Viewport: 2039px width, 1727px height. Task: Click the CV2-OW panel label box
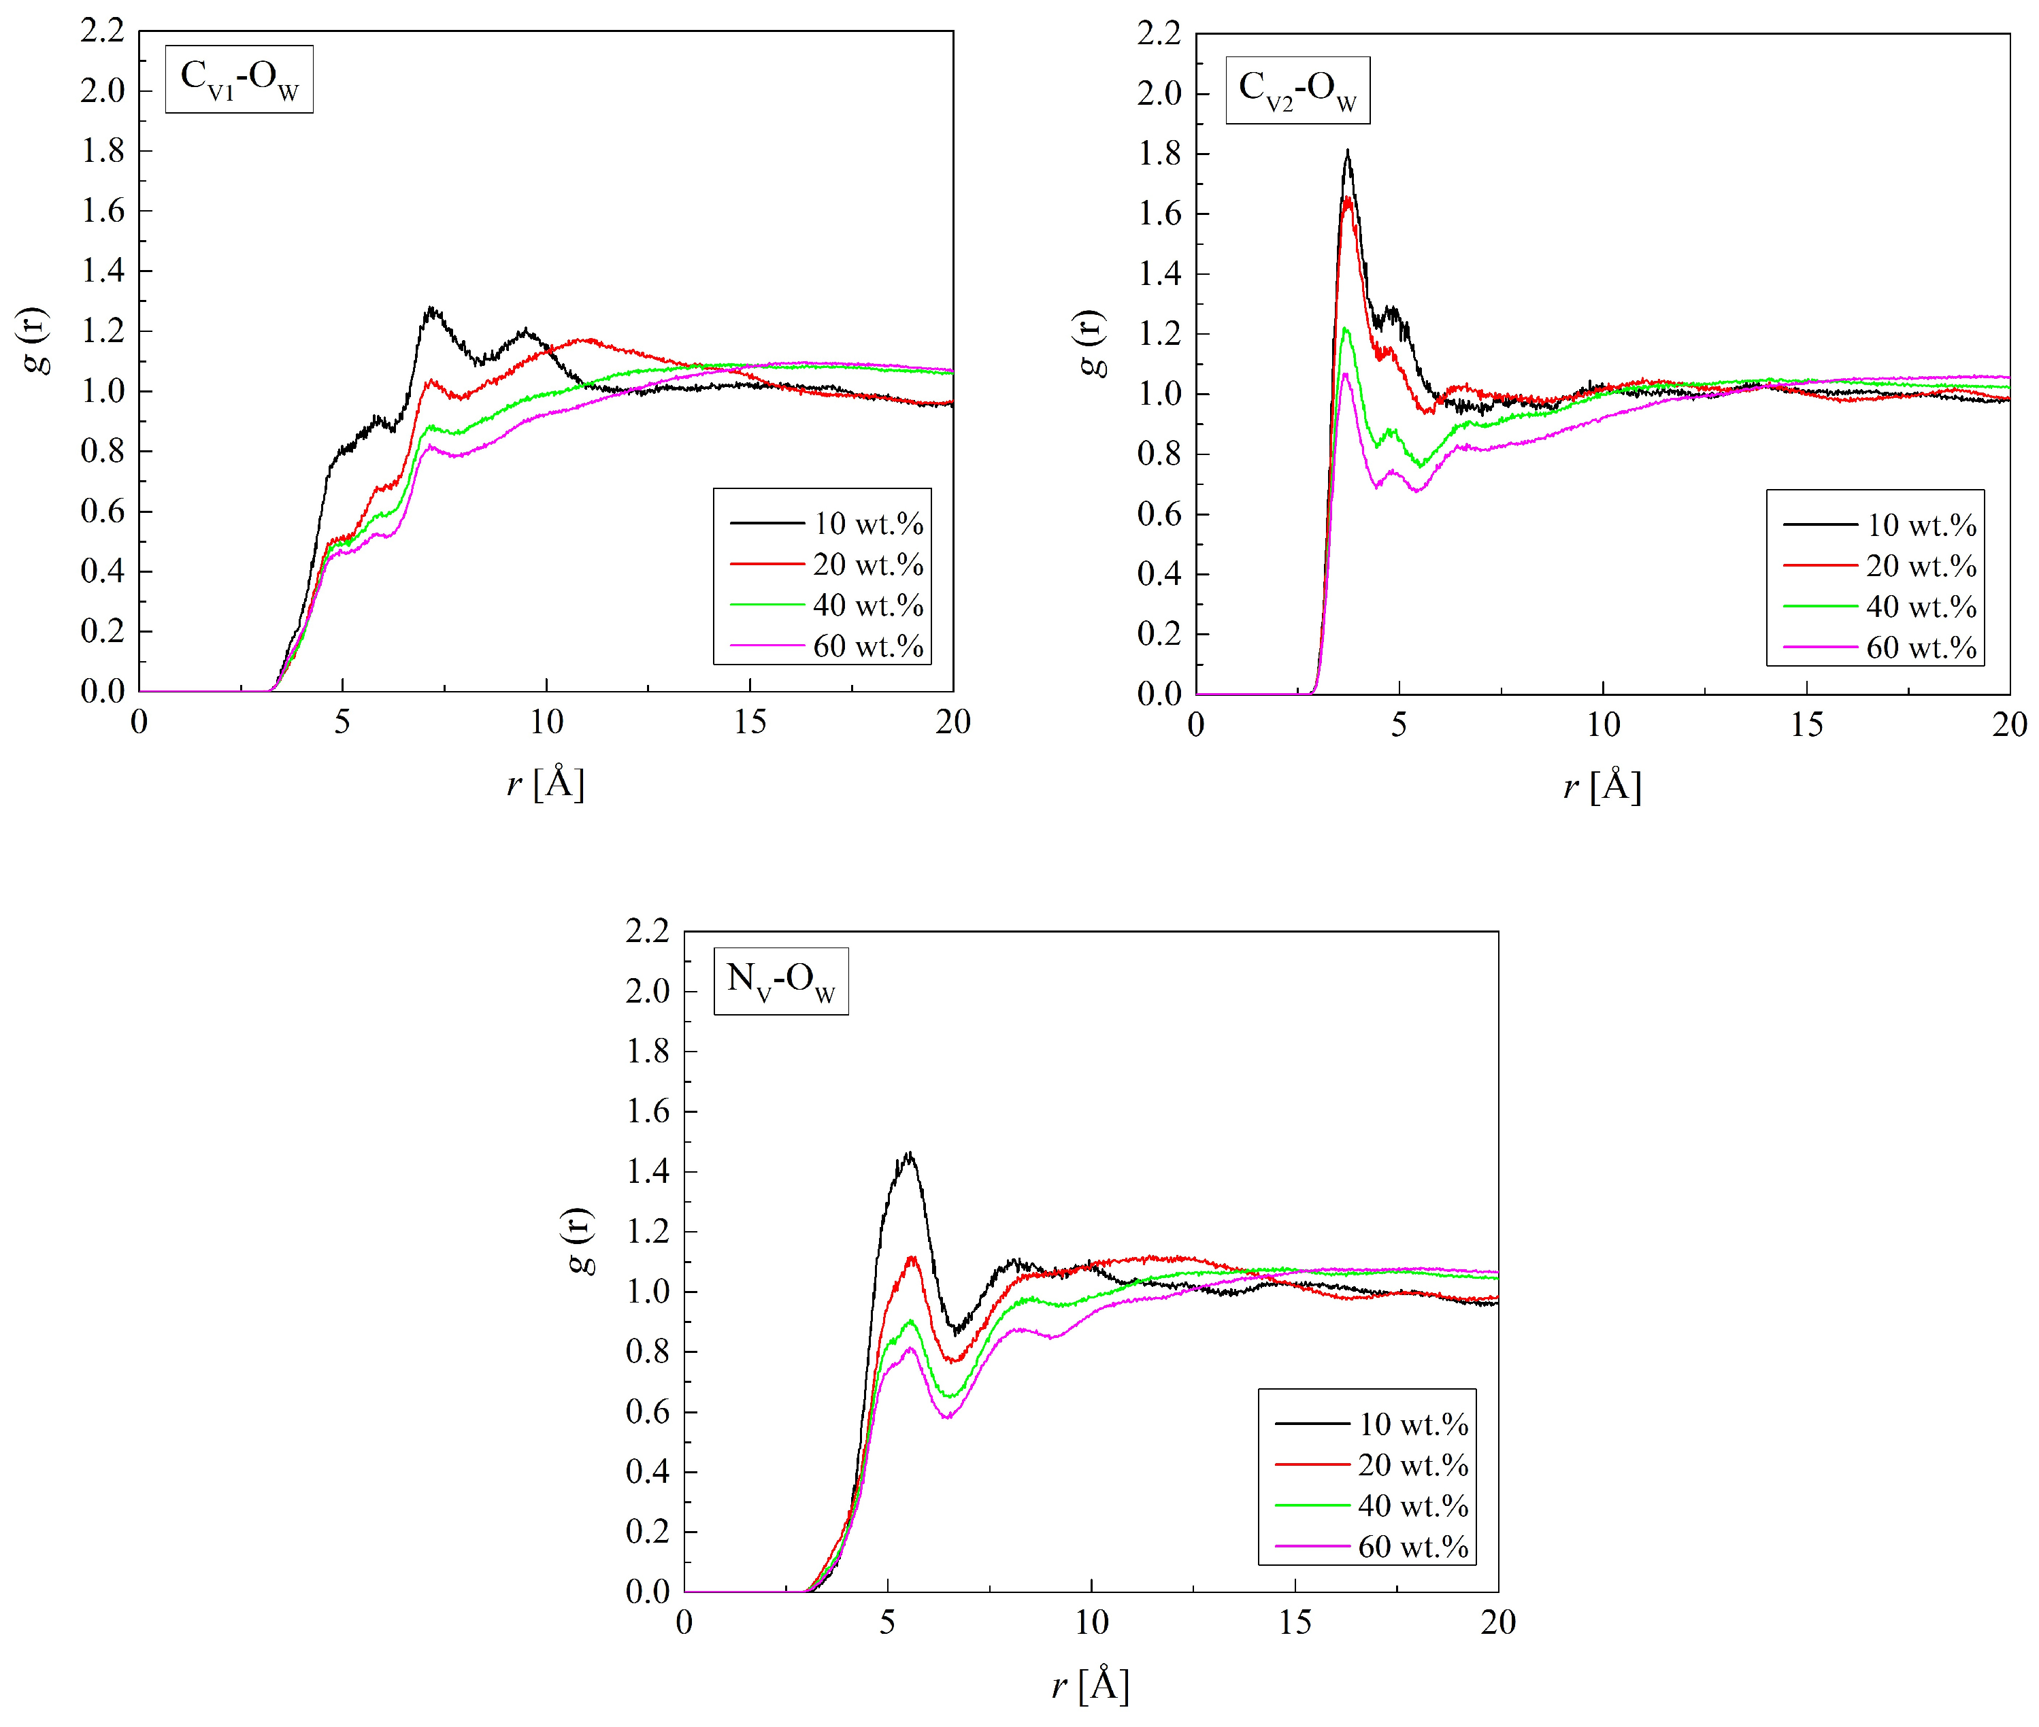click(1297, 90)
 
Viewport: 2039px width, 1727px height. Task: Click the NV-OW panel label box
click(780, 980)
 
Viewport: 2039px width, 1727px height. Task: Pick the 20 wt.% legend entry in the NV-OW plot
click(1371, 1464)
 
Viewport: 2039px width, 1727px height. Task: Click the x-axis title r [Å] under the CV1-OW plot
click(546, 783)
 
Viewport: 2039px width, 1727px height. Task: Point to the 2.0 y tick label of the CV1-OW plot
click(103, 91)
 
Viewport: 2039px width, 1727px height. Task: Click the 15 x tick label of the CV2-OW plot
click(1806, 726)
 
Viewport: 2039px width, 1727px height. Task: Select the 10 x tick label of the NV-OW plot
click(1091, 1623)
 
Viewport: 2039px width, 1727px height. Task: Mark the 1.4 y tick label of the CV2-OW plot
click(1159, 274)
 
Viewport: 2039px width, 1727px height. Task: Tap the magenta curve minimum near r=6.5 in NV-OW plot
click(947, 1417)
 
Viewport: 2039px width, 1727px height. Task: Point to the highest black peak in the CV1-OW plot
click(431, 310)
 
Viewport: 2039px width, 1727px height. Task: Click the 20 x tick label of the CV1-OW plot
click(952, 722)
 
